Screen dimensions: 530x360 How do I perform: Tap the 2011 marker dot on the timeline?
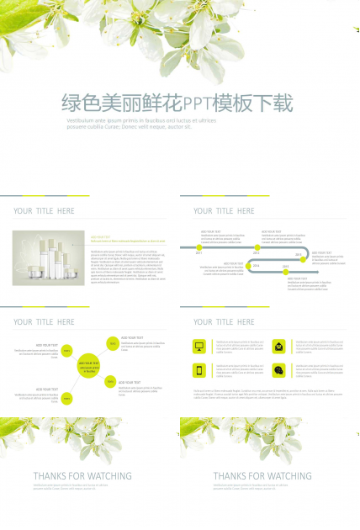coord(199,247)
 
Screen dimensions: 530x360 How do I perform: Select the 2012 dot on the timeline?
coord(257,247)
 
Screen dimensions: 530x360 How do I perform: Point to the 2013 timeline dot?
coord(304,259)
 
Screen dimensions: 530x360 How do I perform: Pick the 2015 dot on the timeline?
coord(285,272)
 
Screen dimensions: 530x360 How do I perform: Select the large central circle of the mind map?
coord(88,366)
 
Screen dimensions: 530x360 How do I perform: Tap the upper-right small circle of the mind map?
coord(111,343)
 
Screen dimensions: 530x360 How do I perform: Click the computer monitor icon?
coord(199,346)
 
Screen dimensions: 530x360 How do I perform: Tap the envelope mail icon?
coord(278,346)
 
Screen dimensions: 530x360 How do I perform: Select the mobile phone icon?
coord(199,370)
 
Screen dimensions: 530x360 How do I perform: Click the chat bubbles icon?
coord(278,370)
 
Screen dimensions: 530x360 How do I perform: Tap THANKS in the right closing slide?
coord(234,476)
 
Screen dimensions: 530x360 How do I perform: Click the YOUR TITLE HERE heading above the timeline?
coord(224,211)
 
